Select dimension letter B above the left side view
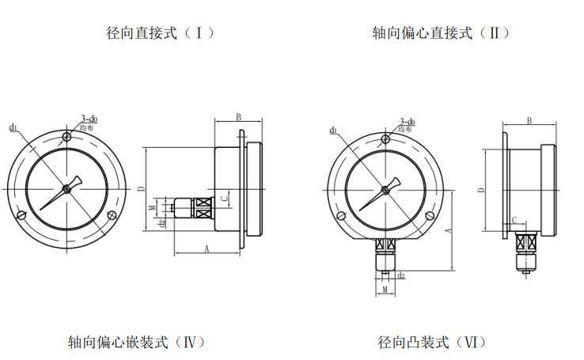point(238,117)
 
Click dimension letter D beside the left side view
point(139,188)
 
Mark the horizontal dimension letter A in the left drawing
point(207,248)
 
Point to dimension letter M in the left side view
point(152,208)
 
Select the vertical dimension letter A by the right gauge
point(449,230)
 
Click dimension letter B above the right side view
point(529,119)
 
